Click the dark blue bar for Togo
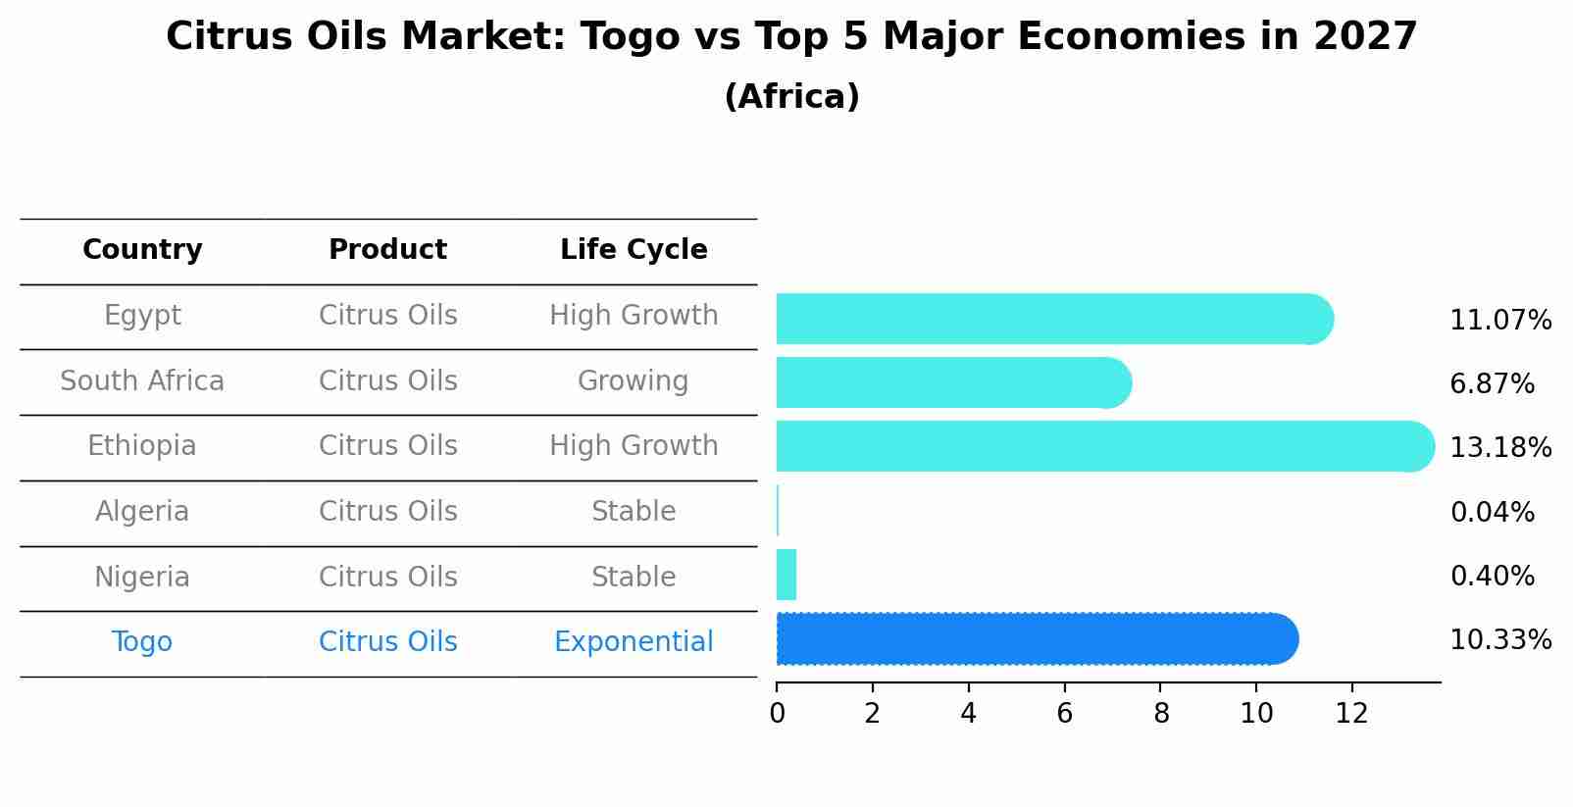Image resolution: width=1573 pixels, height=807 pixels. [x=1035, y=639]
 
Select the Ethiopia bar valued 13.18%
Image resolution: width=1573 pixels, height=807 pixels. [x=1103, y=446]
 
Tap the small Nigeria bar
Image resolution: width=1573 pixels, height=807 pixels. [x=786, y=575]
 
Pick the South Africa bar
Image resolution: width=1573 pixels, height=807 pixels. [x=951, y=382]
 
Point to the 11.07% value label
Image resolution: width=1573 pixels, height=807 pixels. [x=1499, y=321]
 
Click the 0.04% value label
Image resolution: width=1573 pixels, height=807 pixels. [x=1492, y=512]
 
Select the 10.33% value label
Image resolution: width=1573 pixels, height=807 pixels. [x=1499, y=640]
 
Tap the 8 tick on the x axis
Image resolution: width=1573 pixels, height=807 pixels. [x=1161, y=714]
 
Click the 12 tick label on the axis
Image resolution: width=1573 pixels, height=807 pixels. [x=1351, y=714]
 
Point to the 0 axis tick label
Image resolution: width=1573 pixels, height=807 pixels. [x=777, y=714]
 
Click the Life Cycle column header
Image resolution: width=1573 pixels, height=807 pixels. [x=634, y=250]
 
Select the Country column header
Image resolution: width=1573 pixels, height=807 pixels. [x=142, y=250]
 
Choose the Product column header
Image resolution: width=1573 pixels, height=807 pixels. [x=387, y=250]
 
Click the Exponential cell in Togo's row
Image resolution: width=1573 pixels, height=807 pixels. [x=634, y=642]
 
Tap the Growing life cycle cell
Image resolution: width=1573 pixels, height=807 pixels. [x=634, y=380]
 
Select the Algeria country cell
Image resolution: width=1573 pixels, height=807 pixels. [x=142, y=512]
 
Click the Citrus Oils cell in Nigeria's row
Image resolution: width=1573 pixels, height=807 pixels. [x=387, y=577]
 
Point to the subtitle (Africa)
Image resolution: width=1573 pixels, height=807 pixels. [x=791, y=97]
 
